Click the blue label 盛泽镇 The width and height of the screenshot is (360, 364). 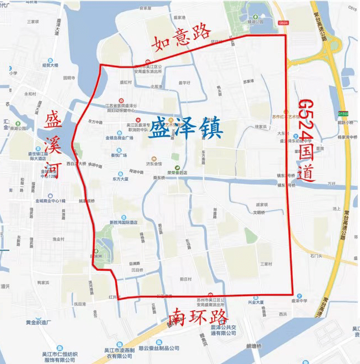(186, 129)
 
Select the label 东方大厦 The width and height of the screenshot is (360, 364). (120, 179)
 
